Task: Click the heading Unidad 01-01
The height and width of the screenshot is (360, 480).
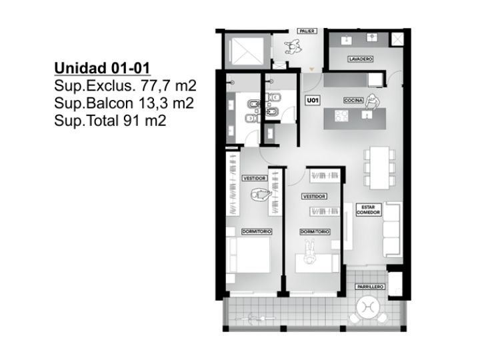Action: [x=102, y=68]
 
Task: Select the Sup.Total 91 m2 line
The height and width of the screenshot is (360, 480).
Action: [x=110, y=120]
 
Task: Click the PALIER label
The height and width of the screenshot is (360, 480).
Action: [x=307, y=31]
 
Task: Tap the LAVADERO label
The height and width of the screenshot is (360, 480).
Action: [x=360, y=59]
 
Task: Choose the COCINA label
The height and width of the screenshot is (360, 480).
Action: [x=353, y=101]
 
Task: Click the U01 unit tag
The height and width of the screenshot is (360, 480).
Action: [x=313, y=101]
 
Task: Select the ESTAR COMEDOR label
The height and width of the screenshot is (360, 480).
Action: [x=368, y=210]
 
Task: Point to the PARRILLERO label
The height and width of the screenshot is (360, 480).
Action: [x=370, y=287]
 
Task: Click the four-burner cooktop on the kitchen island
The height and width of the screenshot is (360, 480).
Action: [x=341, y=116]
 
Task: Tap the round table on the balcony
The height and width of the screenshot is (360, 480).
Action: [x=368, y=307]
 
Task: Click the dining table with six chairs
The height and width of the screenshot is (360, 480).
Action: [x=379, y=167]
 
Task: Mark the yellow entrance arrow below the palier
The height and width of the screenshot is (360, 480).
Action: [x=311, y=69]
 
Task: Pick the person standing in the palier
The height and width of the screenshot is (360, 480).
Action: [x=293, y=47]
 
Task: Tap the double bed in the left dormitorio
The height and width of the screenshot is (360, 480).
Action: [x=249, y=255]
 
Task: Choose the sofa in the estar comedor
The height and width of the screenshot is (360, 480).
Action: [x=392, y=229]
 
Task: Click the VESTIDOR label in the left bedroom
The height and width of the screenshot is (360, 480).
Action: [x=255, y=178]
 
